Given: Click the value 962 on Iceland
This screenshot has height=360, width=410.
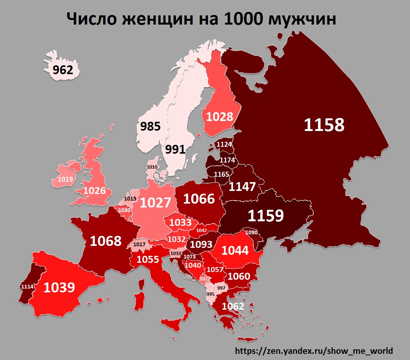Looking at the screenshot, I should tap(63, 70).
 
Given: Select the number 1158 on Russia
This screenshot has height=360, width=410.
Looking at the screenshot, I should tap(324, 125).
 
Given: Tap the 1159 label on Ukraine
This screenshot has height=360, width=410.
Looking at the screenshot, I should tap(266, 216).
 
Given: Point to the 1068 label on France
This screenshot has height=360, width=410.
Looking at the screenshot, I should tap(106, 241).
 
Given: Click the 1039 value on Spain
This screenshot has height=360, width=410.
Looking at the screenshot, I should tap(59, 287).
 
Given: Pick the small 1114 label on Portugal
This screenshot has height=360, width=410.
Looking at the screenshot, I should tap(27, 287).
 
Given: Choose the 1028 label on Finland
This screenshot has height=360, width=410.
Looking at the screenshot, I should tap(220, 116).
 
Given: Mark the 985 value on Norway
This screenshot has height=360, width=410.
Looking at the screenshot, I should tap(150, 126).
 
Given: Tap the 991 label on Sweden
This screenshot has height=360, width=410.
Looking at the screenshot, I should tap(175, 149).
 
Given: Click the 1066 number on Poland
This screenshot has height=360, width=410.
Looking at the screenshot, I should tap(198, 199).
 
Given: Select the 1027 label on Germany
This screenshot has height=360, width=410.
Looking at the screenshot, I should tap(155, 202).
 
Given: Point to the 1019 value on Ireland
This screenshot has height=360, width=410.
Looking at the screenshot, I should tap(65, 179).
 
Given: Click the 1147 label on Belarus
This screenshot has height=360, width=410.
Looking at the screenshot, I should tap(242, 187).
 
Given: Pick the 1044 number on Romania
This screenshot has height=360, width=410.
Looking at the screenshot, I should tap(235, 251).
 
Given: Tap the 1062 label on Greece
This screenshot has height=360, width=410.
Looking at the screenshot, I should tap(233, 306).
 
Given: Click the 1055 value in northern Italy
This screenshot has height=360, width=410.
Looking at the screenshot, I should tap(148, 260).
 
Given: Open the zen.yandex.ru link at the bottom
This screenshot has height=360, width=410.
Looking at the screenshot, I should tap(314, 350).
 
